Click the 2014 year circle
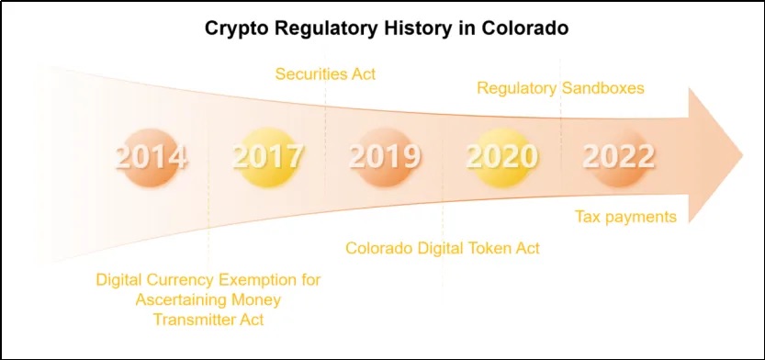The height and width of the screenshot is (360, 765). [x=151, y=158]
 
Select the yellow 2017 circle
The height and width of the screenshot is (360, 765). [x=267, y=158]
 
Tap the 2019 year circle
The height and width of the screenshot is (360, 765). [x=385, y=158]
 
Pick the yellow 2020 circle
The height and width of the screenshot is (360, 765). [x=501, y=158]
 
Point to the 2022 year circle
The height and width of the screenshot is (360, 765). [x=619, y=158]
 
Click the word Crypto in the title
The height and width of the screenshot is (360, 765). [x=237, y=28]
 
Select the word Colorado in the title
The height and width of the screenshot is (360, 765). [x=525, y=28]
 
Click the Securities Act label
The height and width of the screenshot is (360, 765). [x=325, y=74]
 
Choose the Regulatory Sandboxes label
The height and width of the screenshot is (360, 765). [x=560, y=88]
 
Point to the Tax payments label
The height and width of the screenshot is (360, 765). [x=626, y=216]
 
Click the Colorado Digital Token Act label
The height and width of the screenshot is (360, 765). [x=443, y=248]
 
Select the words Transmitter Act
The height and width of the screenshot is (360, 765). [x=208, y=320]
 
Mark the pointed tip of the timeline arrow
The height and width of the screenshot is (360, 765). [x=743, y=156]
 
